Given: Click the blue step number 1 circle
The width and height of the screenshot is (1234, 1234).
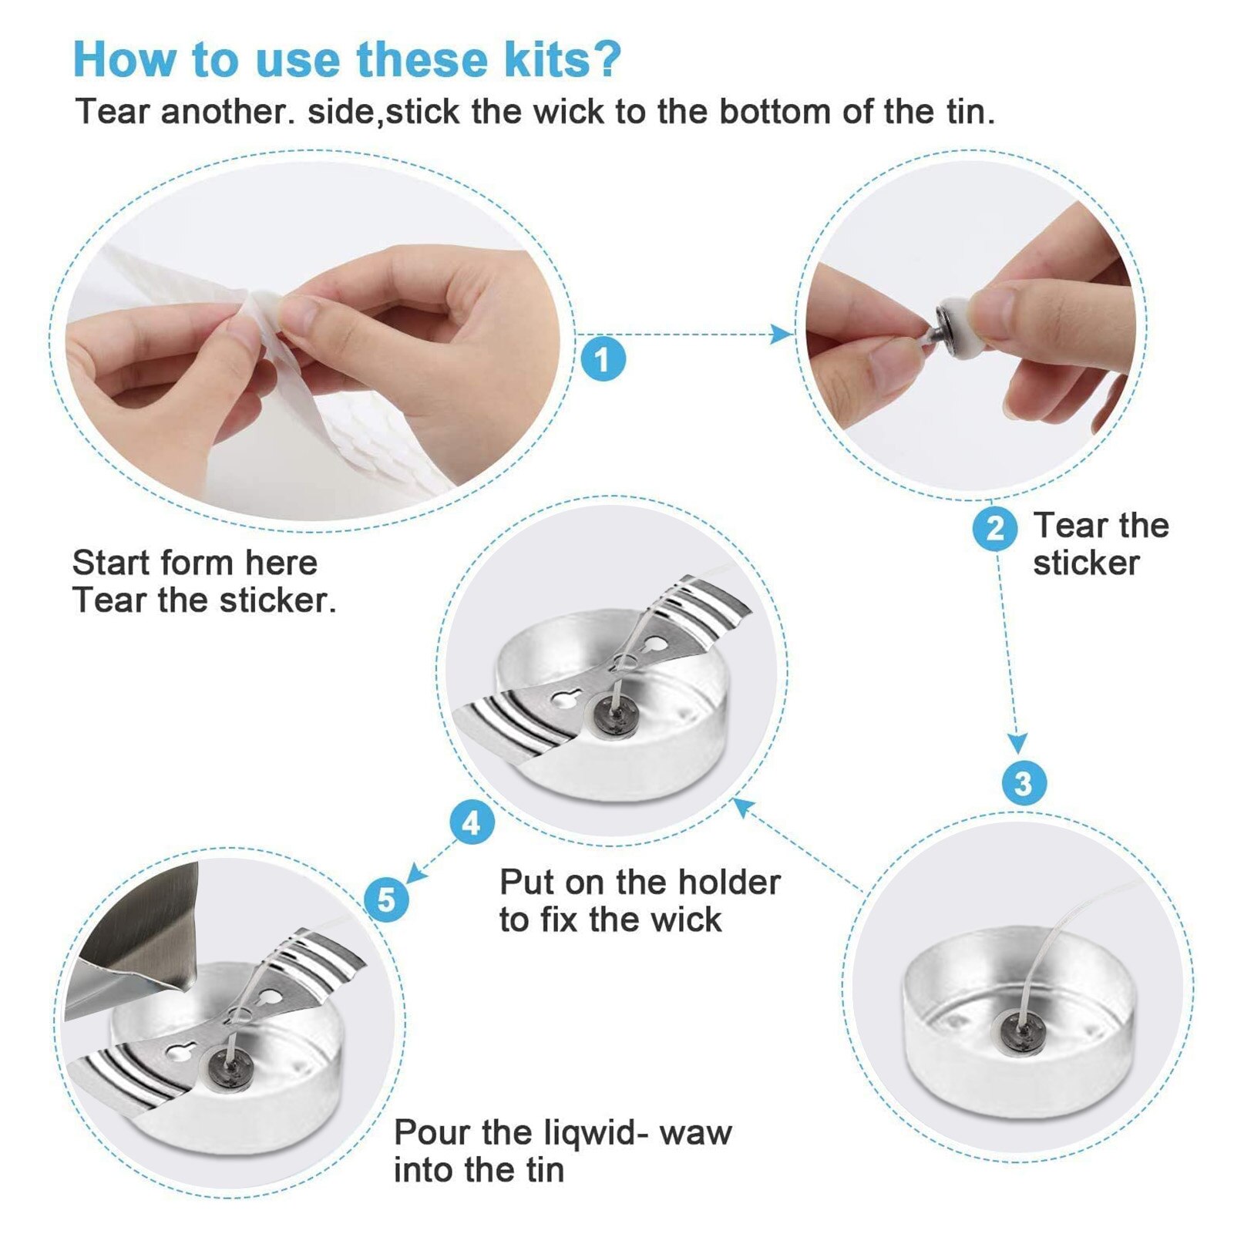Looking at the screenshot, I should [602, 359].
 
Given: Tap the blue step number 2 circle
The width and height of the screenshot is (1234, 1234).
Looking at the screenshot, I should [995, 529].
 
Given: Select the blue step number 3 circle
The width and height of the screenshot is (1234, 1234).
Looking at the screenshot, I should [1024, 784].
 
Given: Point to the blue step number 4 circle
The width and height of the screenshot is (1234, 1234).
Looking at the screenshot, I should [472, 823].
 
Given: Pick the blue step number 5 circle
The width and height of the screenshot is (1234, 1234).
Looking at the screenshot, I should [386, 899].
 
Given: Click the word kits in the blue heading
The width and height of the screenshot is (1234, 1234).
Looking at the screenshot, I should [548, 59].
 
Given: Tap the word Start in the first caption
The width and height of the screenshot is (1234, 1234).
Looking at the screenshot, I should [114, 563].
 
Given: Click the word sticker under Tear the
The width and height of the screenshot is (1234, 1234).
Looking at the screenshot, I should [1086, 563].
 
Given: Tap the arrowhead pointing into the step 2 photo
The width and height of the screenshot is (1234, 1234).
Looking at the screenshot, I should [782, 334].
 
